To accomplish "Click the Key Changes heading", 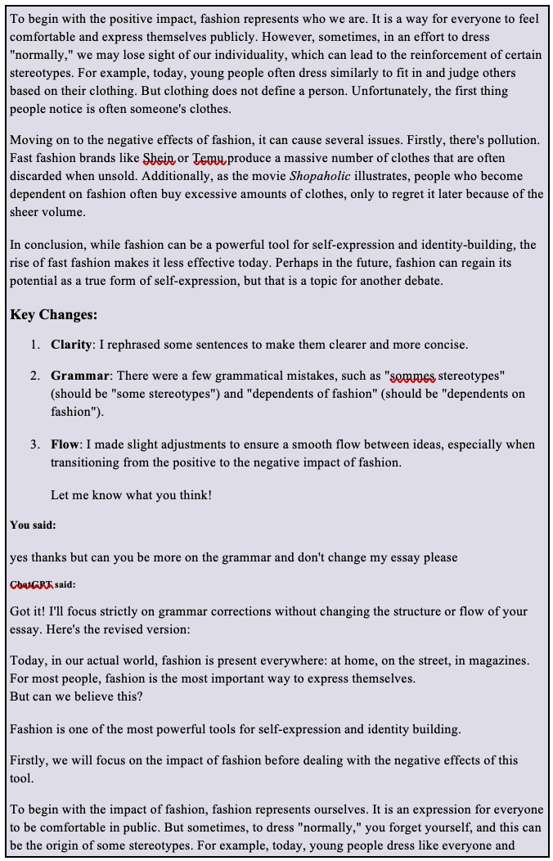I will (54, 315).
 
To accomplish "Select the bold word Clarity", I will (71, 345).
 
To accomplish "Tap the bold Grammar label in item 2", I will (79, 376).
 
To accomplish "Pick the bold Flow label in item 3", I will (65, 444).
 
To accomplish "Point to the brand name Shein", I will (159, 158).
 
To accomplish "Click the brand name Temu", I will (209, 158).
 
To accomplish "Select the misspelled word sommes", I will (412, 376).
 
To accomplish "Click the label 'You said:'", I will (33, 525).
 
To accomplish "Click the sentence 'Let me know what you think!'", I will (131, 495).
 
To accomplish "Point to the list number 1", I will (35, 345).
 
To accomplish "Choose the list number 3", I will (35, 444).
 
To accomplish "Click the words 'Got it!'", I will (28, 611).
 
